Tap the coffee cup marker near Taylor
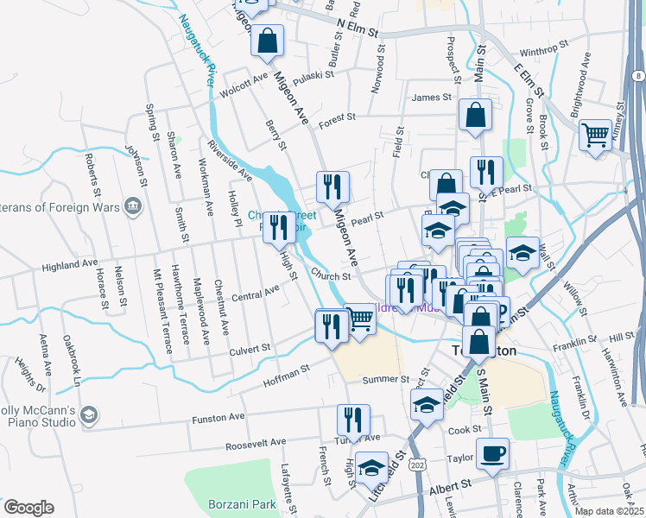pos(492,454)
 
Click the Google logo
pos(28,508)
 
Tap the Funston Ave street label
pos(224,419)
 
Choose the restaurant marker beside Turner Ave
pos(351,420)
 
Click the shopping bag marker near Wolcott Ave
pos(268,40)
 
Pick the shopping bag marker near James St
pos(475,115)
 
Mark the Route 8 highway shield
pos(636,77)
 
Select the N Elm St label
pos(358,28)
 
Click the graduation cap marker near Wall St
pos(522,253)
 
